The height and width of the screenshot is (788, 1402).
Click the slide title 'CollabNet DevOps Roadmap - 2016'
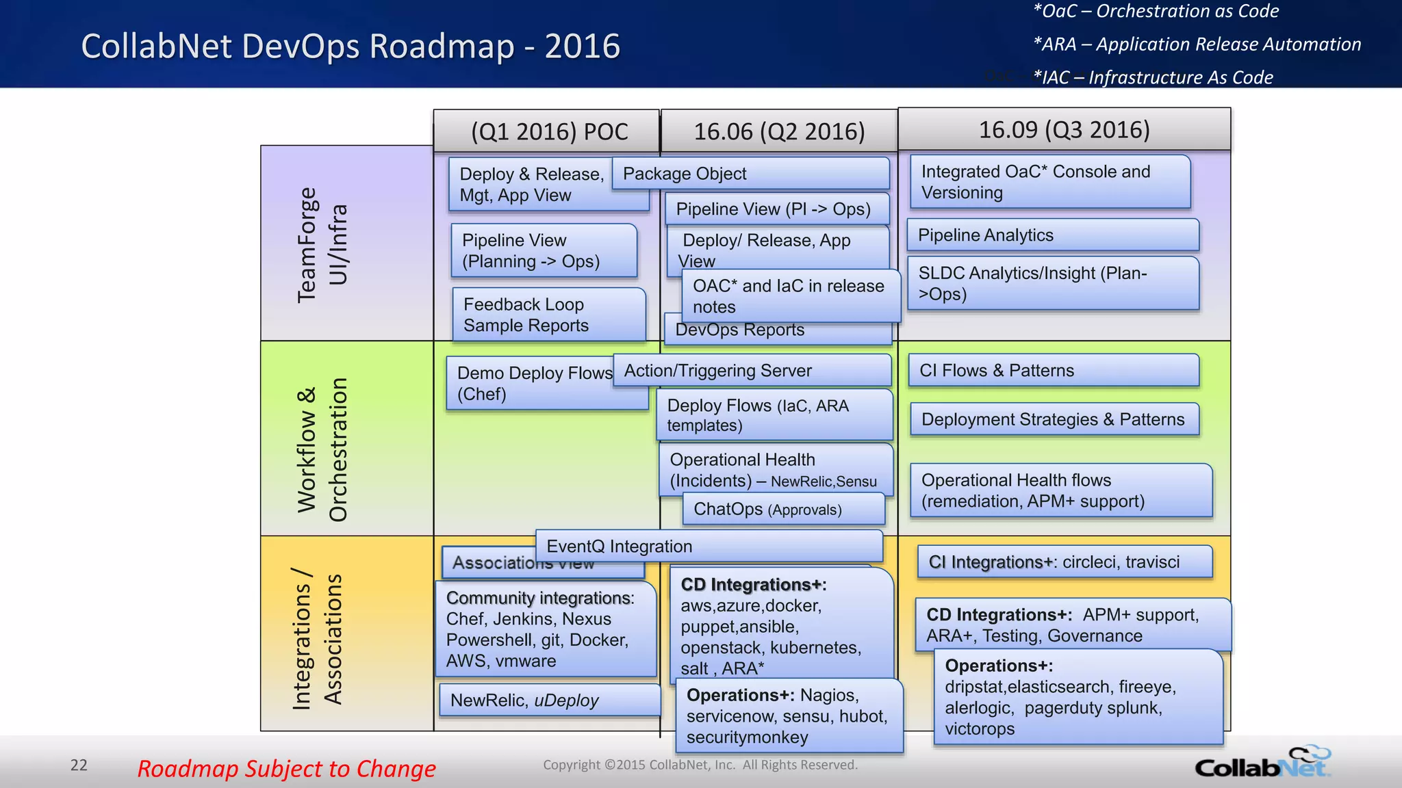pyautogui.click(x=350, y=47)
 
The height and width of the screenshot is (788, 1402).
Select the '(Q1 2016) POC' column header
pyautogui.click(x=549, y=131)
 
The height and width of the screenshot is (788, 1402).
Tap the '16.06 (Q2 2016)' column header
pyautogui.click(x=779, y=131)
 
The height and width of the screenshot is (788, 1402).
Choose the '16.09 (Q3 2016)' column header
pyautogui.click(x=1064, y=129)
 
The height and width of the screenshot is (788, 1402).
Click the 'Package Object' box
pyautogui.click(x=750, y=174)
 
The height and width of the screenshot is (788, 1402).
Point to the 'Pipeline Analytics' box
pyautogui.click(x=1053, y=235)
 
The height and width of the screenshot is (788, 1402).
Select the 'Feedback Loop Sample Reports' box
pyautogui.click(x=548, y=315)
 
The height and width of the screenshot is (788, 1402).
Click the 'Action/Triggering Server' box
pyautogui.click(x=752, y=371)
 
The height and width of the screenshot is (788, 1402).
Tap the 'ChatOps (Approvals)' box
pyautogui.click(x=783, y=510)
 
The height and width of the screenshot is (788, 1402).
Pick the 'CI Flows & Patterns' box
pyautogui.click(x=1053, y=371)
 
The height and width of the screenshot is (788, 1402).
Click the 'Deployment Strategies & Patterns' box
pyautogui.click(x=1054, y=419)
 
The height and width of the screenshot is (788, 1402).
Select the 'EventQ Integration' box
pyautogui.click(x=709, y=547)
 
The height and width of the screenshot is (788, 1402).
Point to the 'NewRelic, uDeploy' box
pyautogui.click(x=549, y=700)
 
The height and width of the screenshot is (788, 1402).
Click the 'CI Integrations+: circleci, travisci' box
pyautogui.click(x=1065, y=562)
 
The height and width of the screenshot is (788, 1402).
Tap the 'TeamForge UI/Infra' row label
pyautogui.click(x=322, y=244)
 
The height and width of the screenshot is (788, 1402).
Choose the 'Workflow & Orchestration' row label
pyautogui.click(x=322, y=449)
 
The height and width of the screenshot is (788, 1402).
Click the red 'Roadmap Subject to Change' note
pyautogui.click(x=286, y=769)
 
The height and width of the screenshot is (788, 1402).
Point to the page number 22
pyautogui.click(x=79, y=765)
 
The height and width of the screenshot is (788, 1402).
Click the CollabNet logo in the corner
pyautogui.click(x=1263, y=763)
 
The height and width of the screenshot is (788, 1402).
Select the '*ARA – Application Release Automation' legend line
pyautogui.click(x=1197, y=44)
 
